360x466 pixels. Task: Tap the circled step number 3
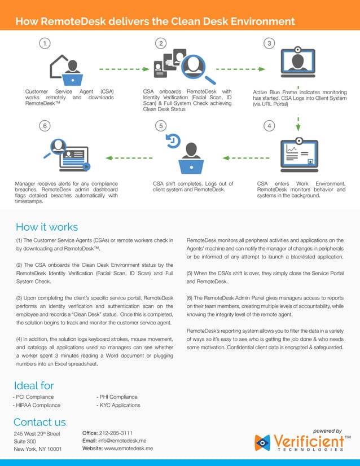coord(270,43)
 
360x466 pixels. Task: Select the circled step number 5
coord(161,125)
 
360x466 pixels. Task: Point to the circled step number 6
coord(44,125)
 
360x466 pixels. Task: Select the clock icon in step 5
coord(173,140)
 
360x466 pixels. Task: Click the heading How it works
coord(47,227)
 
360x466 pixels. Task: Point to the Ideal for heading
coord(34,386)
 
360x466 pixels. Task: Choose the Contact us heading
coord(39,422)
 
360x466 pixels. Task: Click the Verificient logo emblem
coord(264,443)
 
